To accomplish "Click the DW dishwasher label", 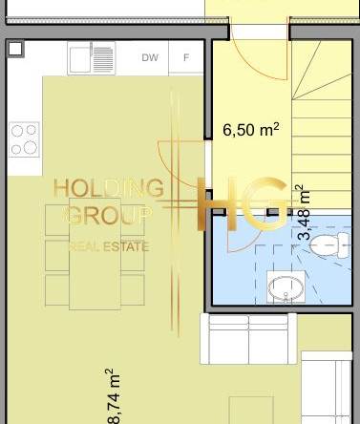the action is tap(150, 57).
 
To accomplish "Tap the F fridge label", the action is tap(186, 57).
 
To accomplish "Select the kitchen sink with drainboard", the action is tap(92, 58).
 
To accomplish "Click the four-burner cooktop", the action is tap(24, 139).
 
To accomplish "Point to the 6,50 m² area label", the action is tap(251, 130).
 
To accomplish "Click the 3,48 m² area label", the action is tap(304, 212).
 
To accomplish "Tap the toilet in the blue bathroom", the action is tap(329, 245).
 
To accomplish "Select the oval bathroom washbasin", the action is tap(286, 287).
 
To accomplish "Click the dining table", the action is tap(95, 254).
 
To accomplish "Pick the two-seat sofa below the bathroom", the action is tap(248, 339).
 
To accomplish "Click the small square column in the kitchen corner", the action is tap(15, 49).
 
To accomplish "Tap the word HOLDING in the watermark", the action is tap(109, 188).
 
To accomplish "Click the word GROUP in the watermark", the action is tap(109, 215).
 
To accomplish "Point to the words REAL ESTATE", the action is tap(109, 246).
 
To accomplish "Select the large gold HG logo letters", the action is tap(243, 203).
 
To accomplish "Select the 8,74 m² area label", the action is tap(114, 396).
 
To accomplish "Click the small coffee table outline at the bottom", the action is tap(251, 411).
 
